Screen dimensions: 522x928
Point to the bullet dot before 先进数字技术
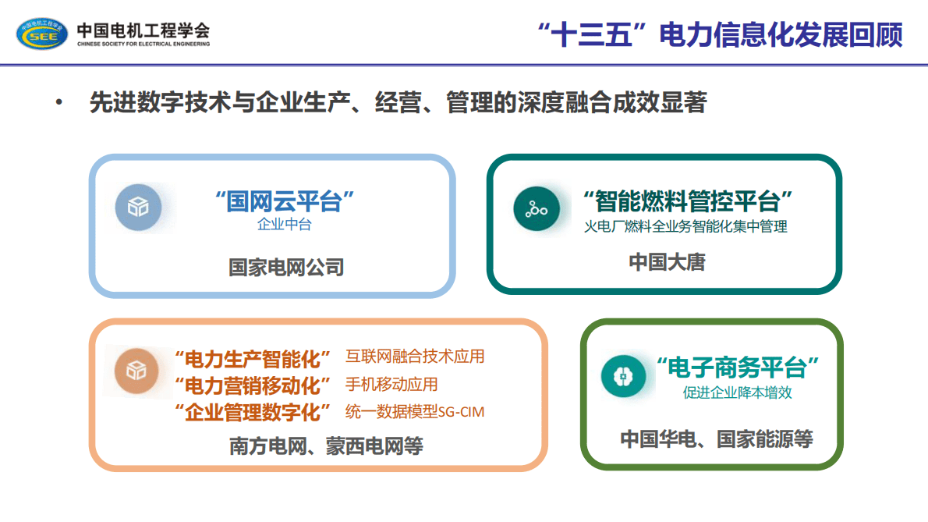(58, 103)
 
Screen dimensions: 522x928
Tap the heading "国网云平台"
(285, 201)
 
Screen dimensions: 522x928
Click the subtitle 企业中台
(285, 225)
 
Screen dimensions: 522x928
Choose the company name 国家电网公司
(286, 268)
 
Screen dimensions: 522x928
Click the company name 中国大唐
(667, 263)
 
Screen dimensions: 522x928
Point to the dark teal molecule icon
(537, 208)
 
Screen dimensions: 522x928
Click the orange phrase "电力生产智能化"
(253, 360)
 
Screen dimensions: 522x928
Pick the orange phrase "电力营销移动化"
(253, 385)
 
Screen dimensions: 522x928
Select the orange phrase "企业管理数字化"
(253, 411)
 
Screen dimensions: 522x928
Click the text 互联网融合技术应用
(415, 357)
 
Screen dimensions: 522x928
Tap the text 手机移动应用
(391, 385)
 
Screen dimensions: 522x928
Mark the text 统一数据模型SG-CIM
(415, 412)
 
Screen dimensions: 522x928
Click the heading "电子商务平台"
(737, 367)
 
